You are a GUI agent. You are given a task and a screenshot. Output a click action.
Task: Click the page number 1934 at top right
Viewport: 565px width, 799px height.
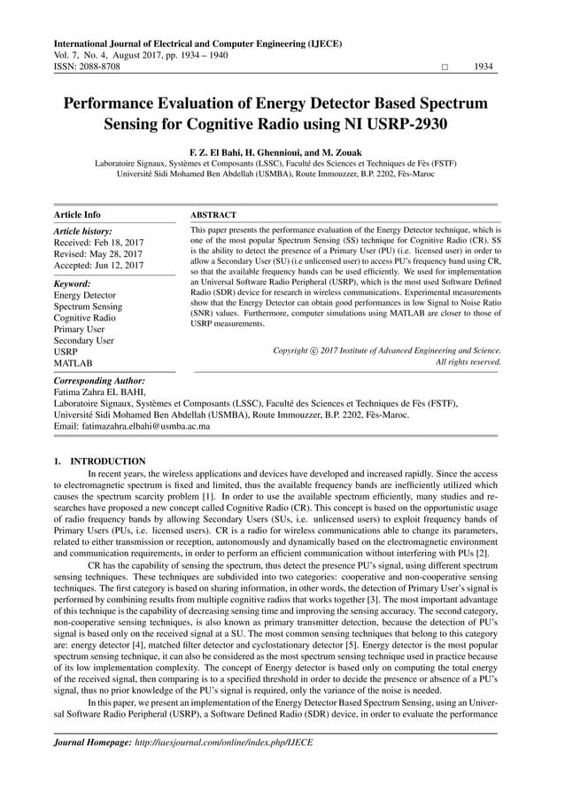click(x=483, y=66)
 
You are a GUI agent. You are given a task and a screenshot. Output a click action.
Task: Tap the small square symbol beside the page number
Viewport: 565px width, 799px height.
click(x=445, y=67)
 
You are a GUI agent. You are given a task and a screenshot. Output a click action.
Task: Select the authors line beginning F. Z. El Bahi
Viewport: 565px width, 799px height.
click(x=275, y=152)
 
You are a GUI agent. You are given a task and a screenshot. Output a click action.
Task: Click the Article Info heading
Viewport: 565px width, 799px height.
click(x=77, y=214)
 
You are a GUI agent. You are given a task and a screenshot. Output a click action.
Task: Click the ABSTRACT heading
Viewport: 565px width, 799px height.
click(x=213, y=214)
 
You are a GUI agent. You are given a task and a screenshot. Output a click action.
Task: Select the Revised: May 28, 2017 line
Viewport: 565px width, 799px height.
click(x=98, y=253)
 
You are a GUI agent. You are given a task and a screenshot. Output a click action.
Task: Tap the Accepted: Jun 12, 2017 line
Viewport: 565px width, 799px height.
click(x=100, y=265)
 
